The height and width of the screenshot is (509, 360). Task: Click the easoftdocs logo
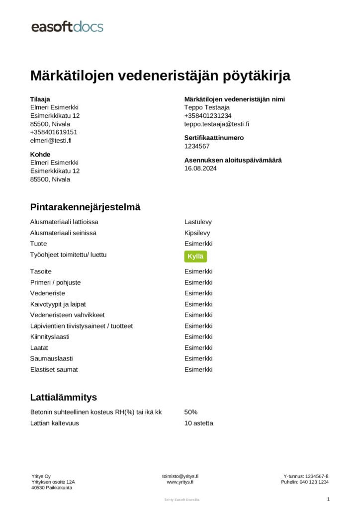coord(67,26)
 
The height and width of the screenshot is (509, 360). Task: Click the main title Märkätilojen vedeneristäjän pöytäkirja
coord(160,76)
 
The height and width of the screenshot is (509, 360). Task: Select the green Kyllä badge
coord(195,256)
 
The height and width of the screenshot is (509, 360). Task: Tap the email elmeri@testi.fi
coord(51,141)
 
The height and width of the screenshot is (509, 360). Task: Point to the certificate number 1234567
coord(197,146)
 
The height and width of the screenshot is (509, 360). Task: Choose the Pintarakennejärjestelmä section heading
coord(85,207)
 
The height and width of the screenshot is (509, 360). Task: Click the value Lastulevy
coord(198,222)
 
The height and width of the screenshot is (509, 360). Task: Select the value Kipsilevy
coord(197,233)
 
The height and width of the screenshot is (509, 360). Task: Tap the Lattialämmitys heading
coord(63,397)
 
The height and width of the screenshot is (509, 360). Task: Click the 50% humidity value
coord(191,412)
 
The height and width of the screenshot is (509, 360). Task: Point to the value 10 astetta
coord(199,423)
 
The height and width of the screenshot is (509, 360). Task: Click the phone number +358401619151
coord(54,132)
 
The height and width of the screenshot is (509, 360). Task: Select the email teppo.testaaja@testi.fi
coord(217,124)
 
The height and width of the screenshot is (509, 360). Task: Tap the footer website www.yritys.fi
coord(180,482)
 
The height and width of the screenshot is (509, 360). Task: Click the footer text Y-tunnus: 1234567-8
coord(306,476)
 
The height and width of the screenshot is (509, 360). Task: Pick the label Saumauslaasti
coord(52,358)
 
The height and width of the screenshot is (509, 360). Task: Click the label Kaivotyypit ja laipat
coord(62,304)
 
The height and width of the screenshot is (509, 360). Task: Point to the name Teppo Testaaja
coord(207,107)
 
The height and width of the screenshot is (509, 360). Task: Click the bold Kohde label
coord(40,155)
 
